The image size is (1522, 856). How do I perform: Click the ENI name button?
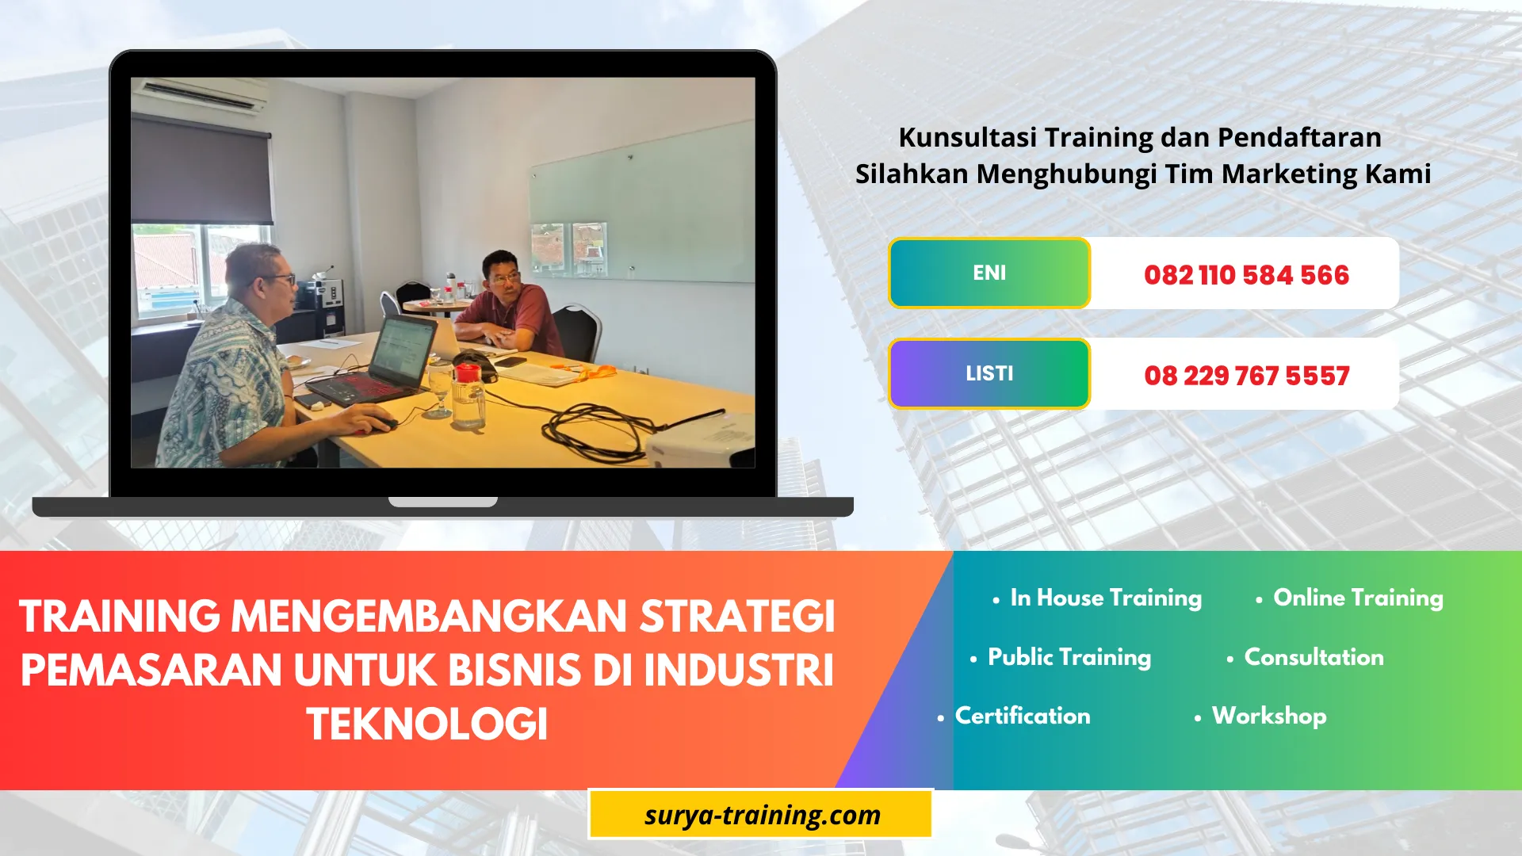989,273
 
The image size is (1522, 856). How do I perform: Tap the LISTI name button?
989,373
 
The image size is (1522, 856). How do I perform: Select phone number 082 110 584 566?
1246,275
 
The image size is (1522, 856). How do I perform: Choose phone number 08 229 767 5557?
1246,376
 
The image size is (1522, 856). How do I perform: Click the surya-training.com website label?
762,815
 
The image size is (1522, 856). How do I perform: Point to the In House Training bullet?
1105,598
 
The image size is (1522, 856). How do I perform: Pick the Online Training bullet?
1357,598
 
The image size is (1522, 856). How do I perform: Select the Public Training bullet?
1069,657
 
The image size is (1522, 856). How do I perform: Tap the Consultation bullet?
1313,657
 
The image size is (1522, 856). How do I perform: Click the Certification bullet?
1022,716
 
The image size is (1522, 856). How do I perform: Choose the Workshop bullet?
1268,716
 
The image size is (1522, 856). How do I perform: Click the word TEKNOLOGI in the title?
427,724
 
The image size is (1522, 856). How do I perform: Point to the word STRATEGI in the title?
737,617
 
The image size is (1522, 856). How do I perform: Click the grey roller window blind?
201,170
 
